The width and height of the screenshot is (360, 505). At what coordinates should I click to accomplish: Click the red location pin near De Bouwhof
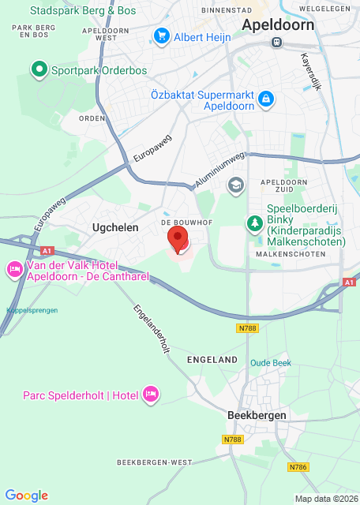point(179,238)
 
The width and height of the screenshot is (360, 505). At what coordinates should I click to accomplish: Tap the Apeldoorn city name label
point(278,25)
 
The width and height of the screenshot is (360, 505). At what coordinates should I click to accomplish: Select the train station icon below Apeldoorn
point(276,44)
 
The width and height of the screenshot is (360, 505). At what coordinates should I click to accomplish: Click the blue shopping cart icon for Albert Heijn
point(162,36)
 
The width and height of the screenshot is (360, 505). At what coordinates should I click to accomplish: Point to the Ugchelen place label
point(115,227)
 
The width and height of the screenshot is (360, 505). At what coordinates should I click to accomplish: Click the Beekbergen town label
point(256,415)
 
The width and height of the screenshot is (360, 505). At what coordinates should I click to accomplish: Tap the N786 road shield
point(298,467)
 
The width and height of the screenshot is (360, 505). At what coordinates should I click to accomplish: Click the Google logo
point(26,495)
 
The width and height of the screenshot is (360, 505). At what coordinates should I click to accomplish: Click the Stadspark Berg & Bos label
point(83,11)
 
